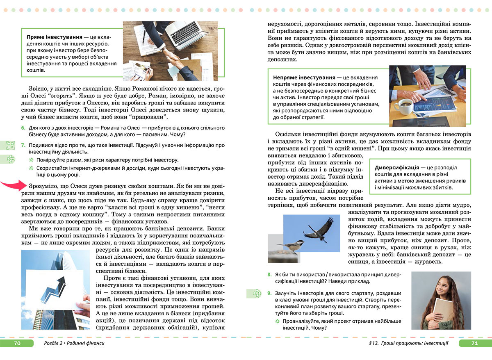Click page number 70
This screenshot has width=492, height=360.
(17, 343)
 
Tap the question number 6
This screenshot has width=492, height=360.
(23, 128)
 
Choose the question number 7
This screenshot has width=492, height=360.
(23, 145)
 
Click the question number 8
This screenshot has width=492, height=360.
(269, 274)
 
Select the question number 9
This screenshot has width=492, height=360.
(269, 293)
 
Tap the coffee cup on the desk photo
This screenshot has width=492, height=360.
(405, 107)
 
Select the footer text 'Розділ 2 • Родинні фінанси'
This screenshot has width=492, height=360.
(73, 343)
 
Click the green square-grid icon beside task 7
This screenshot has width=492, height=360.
(10, 145)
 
